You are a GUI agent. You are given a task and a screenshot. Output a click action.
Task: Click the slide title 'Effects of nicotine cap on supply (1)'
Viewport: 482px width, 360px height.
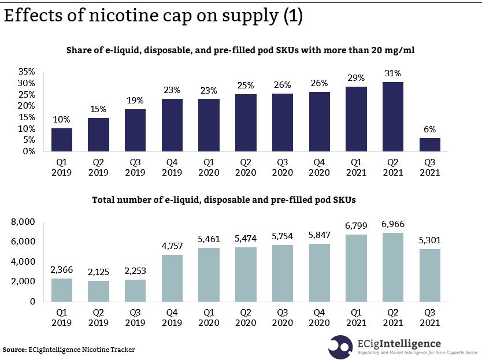click(153, 17)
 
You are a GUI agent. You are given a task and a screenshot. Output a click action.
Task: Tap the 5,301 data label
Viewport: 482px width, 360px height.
click(430, 240)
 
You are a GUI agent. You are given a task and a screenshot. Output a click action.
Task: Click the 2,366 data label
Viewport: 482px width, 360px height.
click(62, 270)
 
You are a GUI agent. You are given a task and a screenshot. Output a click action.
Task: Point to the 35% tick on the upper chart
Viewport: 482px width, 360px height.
click(27, 72)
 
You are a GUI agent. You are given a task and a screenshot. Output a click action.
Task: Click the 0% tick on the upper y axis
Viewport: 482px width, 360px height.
click(29, 151)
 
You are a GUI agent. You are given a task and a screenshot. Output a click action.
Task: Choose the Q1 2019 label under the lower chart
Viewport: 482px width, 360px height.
click(62, 318)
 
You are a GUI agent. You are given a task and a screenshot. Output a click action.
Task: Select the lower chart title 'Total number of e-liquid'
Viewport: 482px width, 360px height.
click(224, 200)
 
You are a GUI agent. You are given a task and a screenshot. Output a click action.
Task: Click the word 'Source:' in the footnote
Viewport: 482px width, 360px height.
click(14, 350)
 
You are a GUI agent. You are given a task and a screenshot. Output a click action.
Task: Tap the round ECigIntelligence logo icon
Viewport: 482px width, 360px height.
click(340, 346)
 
